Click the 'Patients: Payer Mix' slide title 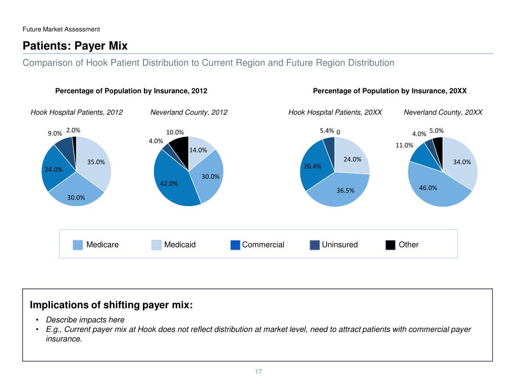pos(75,46)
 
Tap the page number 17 pos(258,372)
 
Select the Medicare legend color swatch pos(78,245)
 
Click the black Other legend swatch pos(390,245)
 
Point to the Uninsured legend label pos(340,245)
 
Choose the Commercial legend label pos(263,245)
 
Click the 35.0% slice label pos(96,162)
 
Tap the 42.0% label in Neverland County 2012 pos(169,184)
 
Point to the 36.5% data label pos(346,190)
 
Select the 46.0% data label pos(428,188)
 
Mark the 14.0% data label pos(198,150)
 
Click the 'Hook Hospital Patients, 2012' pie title pos(77,112)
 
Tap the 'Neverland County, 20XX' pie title pos(443,112)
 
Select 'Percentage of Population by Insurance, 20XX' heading pos(390,91)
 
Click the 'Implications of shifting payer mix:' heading pos(111,305)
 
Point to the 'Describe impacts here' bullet pos(85,320)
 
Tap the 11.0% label pos(404,145)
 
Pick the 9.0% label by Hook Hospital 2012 pos(55,134)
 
